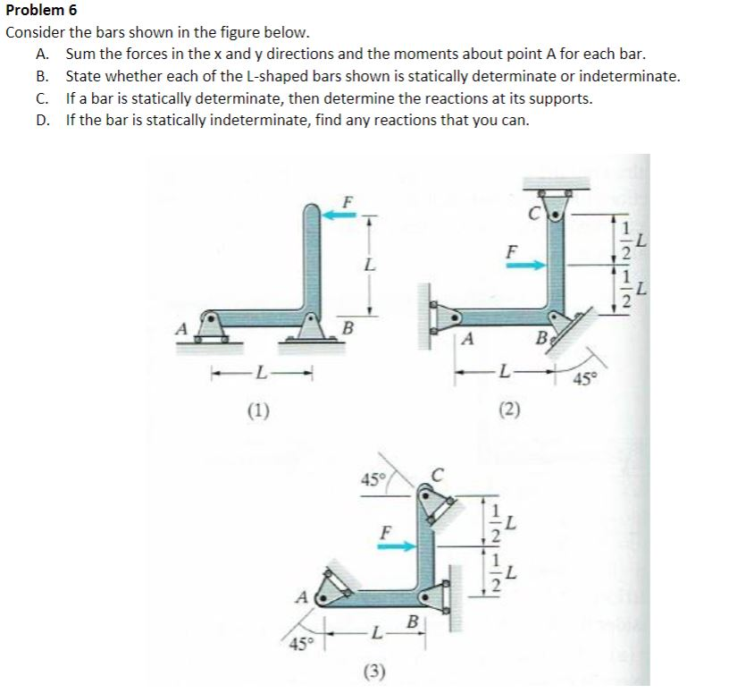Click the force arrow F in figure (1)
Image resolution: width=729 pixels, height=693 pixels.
point(339,213)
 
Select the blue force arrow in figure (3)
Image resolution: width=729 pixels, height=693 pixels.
point(399,545)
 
